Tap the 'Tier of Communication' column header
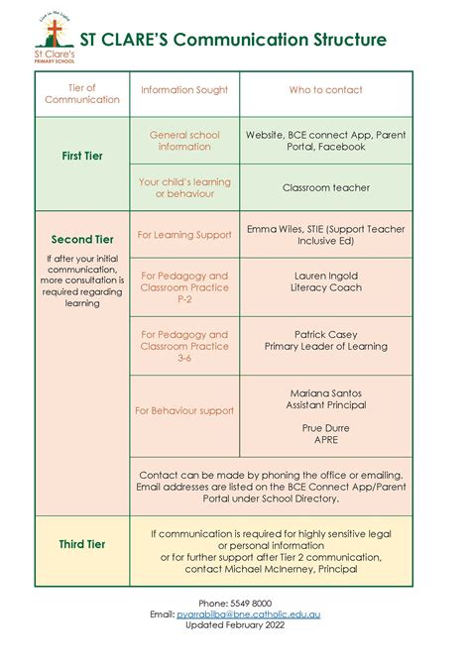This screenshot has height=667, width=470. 83,94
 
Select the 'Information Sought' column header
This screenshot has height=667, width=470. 184,90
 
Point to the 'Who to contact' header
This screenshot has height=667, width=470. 326,90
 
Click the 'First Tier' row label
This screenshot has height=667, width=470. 83,156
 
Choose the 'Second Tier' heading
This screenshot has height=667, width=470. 83,239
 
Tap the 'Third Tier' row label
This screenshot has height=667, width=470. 83,544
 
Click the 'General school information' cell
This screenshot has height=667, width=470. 184,141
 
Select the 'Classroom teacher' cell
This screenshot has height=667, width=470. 326,187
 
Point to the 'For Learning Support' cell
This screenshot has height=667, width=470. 184,235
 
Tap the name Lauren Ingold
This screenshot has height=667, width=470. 326,276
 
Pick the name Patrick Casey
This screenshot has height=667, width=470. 326,334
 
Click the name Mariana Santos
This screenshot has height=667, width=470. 326,392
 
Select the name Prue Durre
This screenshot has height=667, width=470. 326,428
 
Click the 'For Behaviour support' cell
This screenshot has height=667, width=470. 184,410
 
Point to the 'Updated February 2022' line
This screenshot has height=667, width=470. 235,626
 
